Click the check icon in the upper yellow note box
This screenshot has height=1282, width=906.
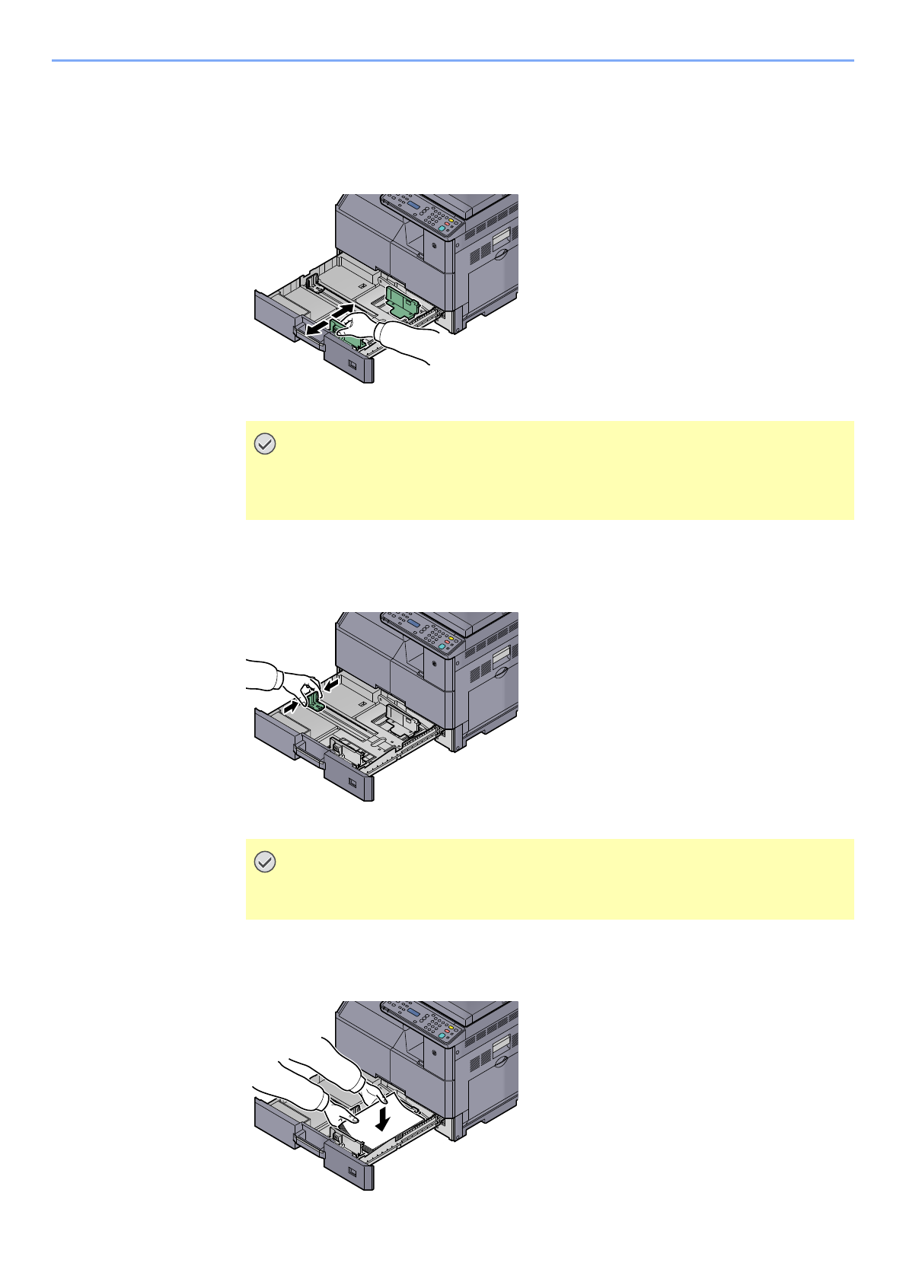[x=264, y=445]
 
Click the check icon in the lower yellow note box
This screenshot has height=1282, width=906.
[x=264, y=863]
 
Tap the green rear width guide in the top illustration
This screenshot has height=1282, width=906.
[x=401, y=300]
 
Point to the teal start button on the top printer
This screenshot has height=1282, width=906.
[x=442, y=228]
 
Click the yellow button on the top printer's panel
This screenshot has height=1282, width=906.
[x=450, y=221]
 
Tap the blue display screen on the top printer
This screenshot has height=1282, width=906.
[x=413, y=206]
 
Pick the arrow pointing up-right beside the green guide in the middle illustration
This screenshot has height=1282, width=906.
[x=290, y=707]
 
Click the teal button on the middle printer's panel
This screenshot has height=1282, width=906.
[x=442, y=646]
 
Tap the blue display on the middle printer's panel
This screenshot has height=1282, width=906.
[x=413, y=623]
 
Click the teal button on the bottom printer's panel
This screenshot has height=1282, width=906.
[x=442, y=1035]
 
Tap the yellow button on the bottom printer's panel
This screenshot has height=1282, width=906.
[x=450, y=1028]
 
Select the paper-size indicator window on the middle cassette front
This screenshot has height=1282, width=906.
[x=352, y=783]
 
